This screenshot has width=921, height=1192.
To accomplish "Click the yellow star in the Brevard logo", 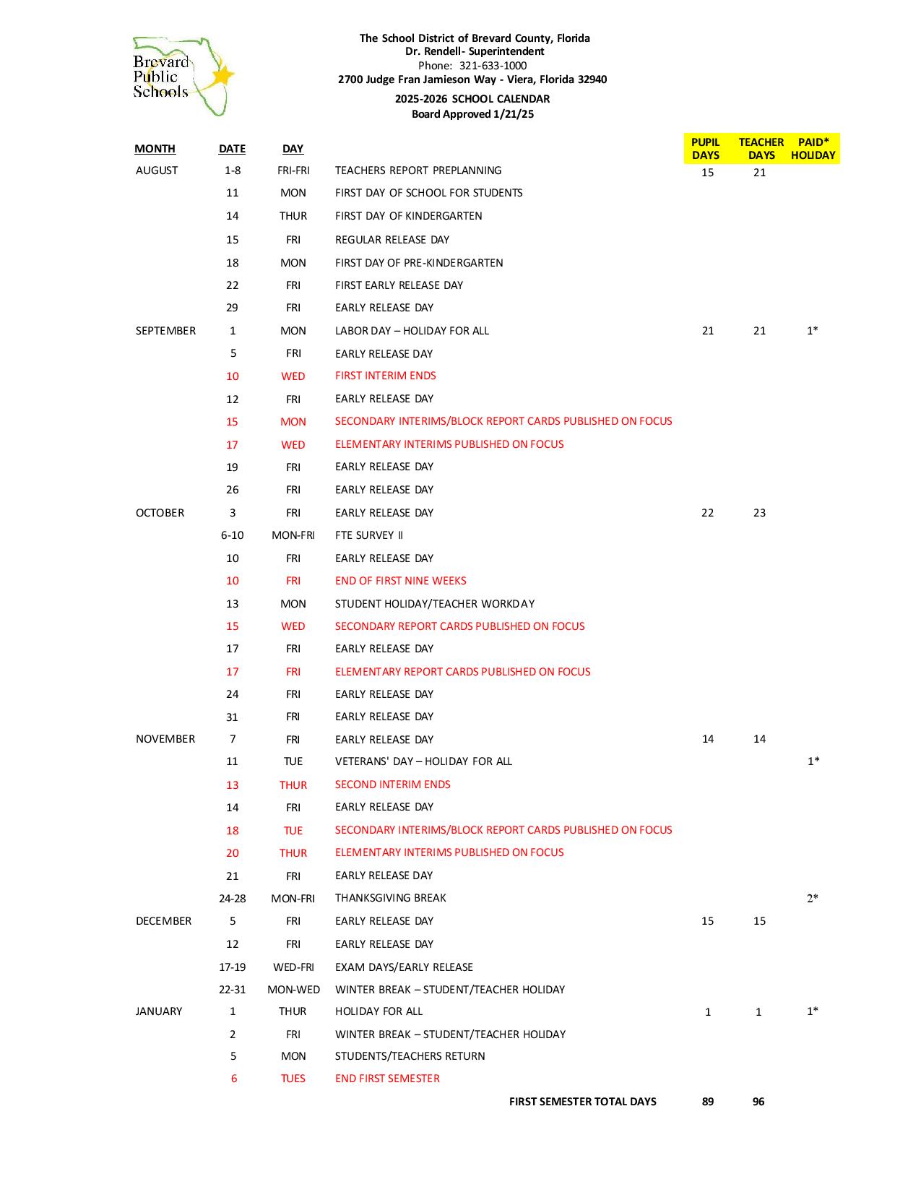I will coord(223,75).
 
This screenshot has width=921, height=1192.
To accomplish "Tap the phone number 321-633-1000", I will coord(493,65).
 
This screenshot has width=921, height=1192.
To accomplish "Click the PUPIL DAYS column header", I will coord(705,149).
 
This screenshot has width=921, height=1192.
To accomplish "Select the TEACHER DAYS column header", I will coord(761,149).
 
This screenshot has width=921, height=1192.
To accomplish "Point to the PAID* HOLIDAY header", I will coord(813,149).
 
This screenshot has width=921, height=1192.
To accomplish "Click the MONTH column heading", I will coord(155,149).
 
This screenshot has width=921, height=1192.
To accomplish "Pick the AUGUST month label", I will coord(157,170).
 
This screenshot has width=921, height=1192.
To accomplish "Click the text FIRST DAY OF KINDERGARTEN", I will coord(408,216).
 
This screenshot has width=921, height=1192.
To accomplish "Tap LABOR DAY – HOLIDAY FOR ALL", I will coord(412,331).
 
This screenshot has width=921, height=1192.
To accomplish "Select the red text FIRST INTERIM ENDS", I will coord(386,376).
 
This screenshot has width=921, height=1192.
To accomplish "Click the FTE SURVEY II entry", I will coord(369,535).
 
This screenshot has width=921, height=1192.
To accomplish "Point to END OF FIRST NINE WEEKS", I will coord(400,581).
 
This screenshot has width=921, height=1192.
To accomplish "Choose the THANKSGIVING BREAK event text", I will coord(390,898).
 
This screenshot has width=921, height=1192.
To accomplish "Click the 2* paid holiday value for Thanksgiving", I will coord(813,899).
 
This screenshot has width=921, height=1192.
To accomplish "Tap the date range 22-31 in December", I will coord(232,990).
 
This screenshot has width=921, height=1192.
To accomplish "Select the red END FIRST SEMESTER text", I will coord(387,1079).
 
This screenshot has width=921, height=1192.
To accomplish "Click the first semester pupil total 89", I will coord(708,1102).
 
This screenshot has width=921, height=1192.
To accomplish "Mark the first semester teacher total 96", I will coord(758,1102).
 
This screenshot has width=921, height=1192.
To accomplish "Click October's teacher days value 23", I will coord(759,513).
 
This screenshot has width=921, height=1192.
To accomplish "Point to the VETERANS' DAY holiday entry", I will coord(423,761).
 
